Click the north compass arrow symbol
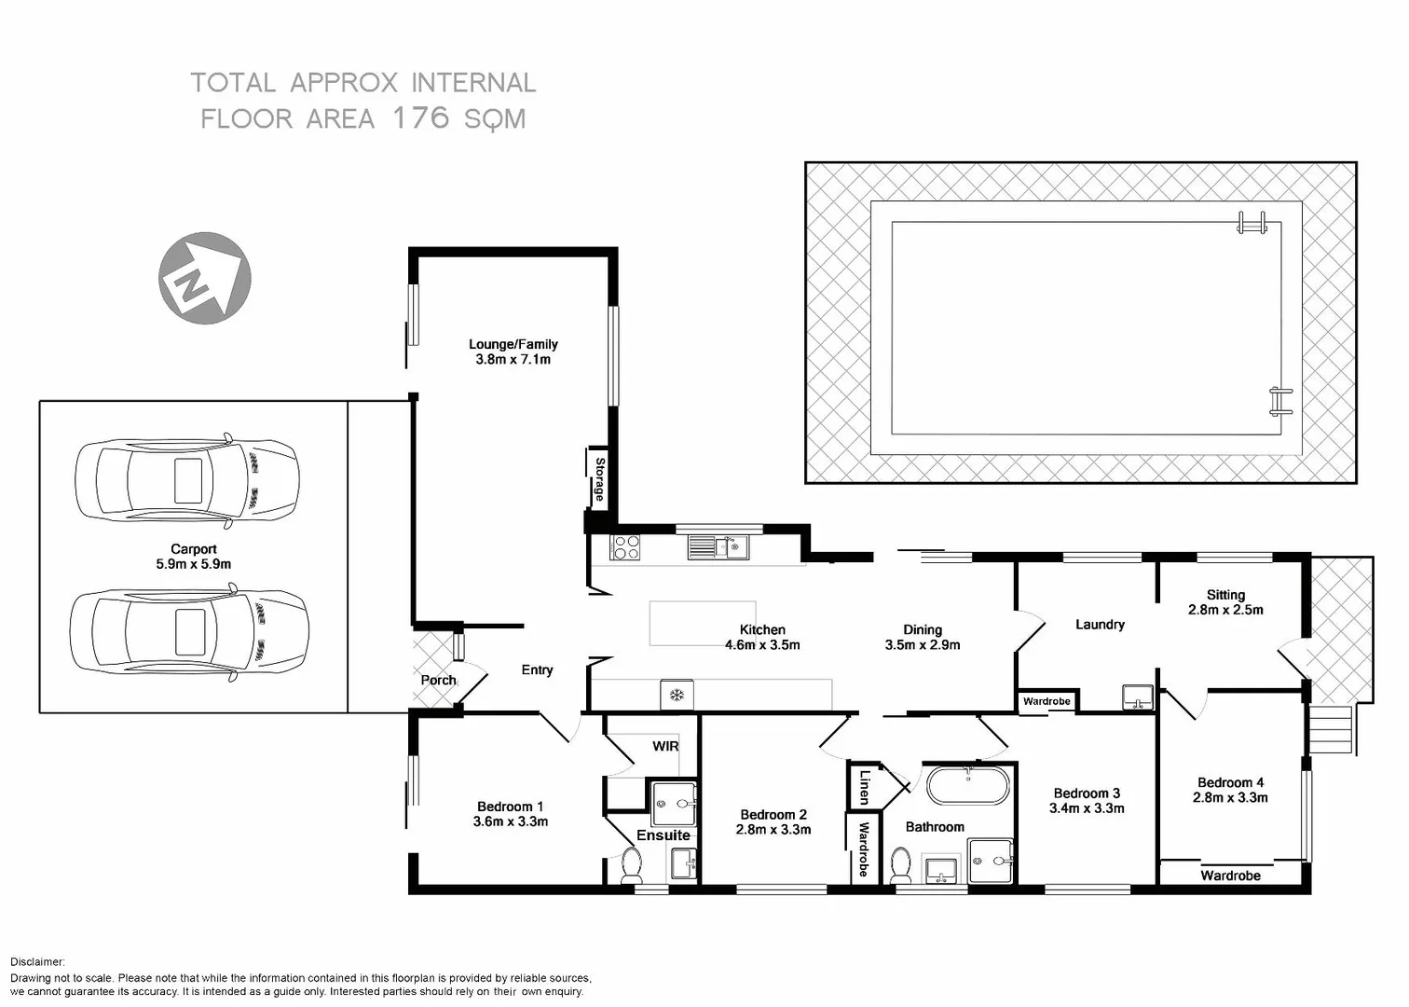coord(204,278)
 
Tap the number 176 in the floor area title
coord(420,118)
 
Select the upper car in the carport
coord(187,480)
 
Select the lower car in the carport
coord(189,631)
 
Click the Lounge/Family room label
coord(513,344)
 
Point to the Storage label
coord(599,480)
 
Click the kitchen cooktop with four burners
coord(625,547)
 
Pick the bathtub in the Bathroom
coord(966,786)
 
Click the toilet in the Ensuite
coord(632,865)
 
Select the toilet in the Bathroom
coord(900,865)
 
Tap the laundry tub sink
coord(1138,697)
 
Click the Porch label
coord(438,680)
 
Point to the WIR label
coord(665,746)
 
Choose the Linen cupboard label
coord(864,786)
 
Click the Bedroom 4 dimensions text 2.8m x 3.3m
coord(1230,797)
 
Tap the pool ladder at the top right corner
coord(1252,223)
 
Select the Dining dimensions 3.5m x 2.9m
coord(922,644)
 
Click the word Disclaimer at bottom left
coord(37,961)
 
